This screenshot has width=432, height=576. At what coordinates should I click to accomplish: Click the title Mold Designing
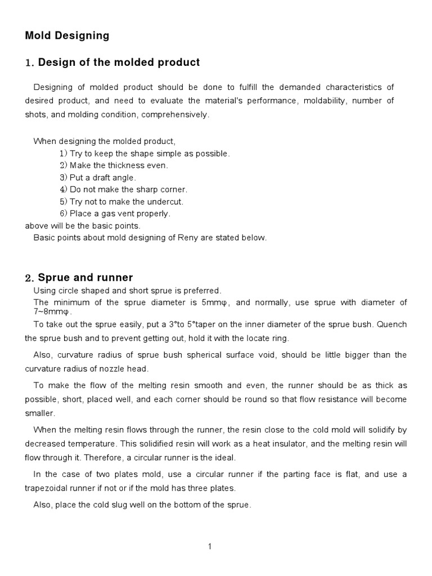[67, 36]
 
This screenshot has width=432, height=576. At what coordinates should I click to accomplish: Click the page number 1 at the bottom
[209, 546]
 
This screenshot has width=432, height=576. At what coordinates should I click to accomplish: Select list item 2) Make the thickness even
[114, 165]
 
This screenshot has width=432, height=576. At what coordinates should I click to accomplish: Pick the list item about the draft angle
[98, 178]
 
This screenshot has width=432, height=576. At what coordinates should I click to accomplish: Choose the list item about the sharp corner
[123, 190]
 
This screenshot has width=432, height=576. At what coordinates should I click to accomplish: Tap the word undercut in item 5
[167, 201]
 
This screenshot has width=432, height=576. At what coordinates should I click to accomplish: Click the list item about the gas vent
[115, 213]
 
